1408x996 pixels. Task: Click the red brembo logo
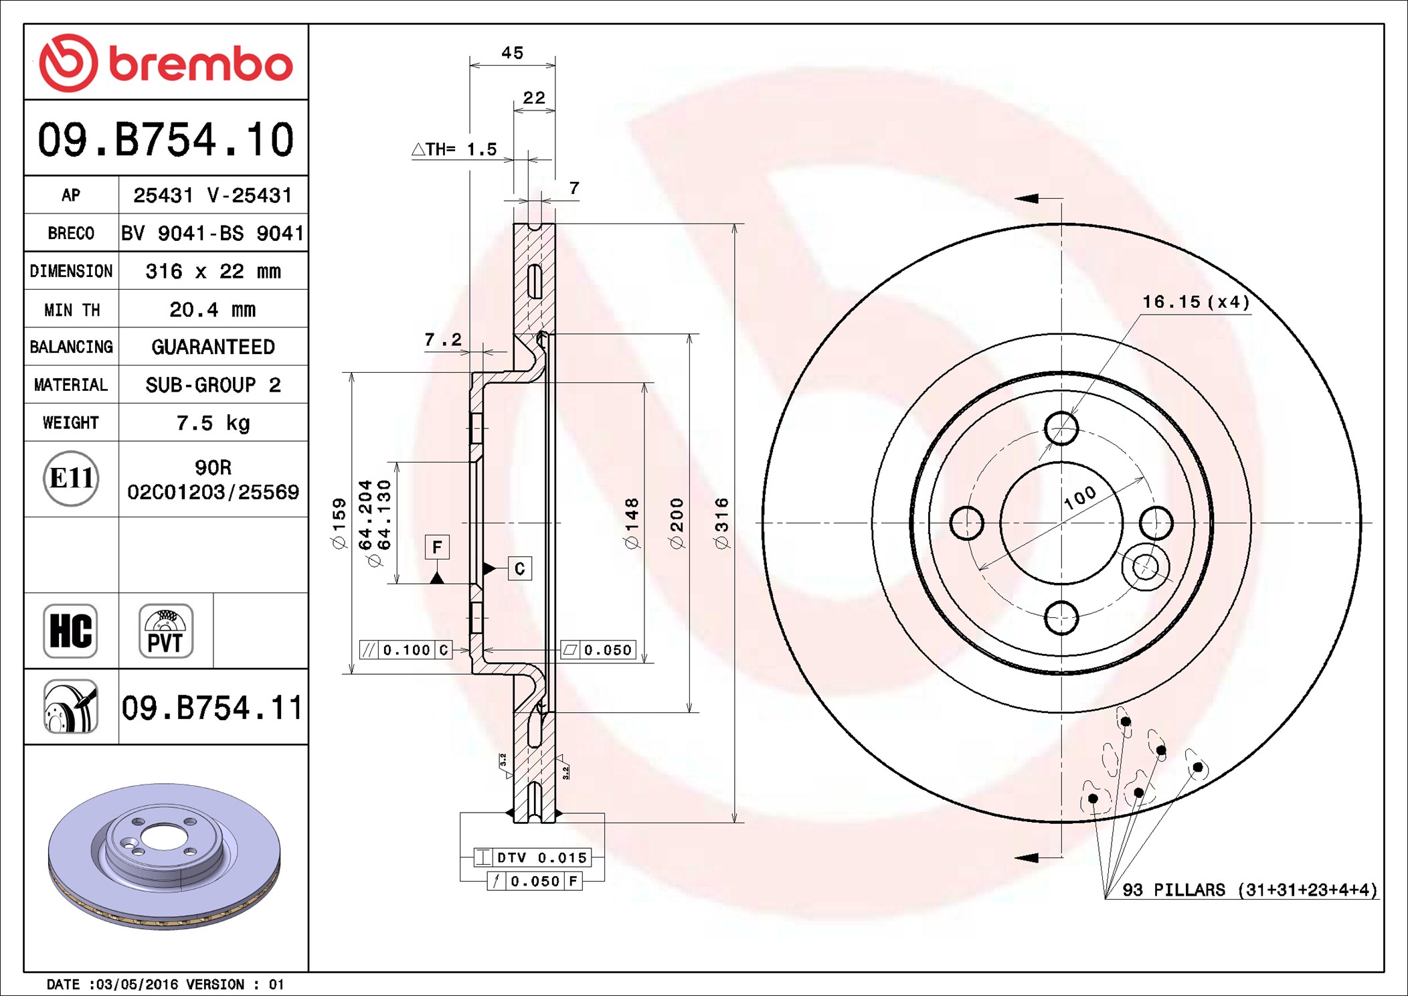point(166,63)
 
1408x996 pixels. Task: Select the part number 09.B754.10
point(166,140)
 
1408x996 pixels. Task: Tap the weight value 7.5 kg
point(213,423)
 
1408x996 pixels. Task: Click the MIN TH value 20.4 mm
point(213,309)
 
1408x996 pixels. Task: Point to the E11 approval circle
point(71,479)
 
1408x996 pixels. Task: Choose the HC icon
point(70,631)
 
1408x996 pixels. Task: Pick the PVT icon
point(166,631)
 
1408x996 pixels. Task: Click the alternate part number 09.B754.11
point(212,708)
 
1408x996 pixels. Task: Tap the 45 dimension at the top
point(513,53)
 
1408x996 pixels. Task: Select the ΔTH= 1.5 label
point(454,149)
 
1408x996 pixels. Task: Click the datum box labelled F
point(437,548)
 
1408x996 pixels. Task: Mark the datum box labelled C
point(520,568)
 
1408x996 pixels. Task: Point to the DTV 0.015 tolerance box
point(532,857)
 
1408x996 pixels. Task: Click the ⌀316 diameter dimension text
point(722,523)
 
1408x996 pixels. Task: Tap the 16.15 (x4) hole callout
point(1196,302)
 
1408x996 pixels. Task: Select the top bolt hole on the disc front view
point(1061,428)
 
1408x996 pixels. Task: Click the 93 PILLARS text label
point(1174,890)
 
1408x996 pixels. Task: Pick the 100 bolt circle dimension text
point(1080,498)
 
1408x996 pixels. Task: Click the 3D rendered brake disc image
point(165,856)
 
